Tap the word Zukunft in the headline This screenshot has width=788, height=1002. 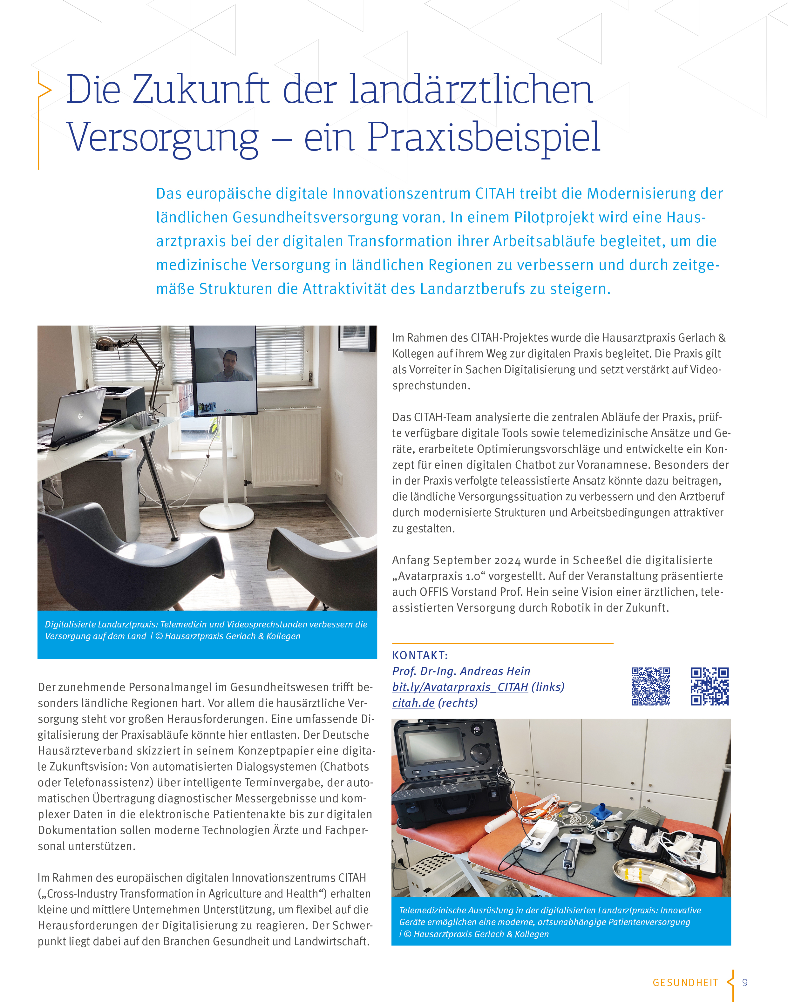[x=201, y=90]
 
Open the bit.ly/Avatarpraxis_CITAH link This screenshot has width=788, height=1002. [x=460, y=687]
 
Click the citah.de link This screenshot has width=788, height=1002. [x=413, y=703]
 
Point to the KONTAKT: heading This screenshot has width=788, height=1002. [x=420, y=655]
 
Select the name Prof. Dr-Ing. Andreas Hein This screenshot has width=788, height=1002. [x=461, y=671]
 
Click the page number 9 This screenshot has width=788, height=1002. [x=745, y=983]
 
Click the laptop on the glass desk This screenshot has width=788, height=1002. [x=76, y=415]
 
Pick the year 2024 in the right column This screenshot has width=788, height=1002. [x=507, y=560]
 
